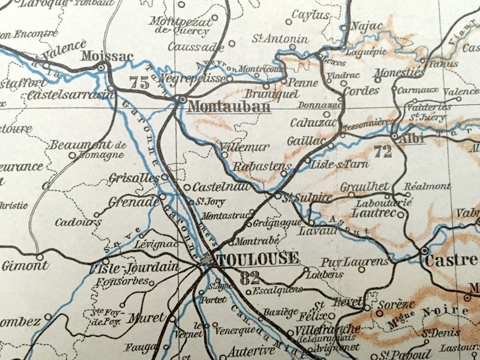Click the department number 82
[249, 278]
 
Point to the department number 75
[139, 83]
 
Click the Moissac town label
[106, 56]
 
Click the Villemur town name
[245, 147]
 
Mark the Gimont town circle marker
[41, 257]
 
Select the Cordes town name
[361, 91]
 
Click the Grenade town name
[133, 202]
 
